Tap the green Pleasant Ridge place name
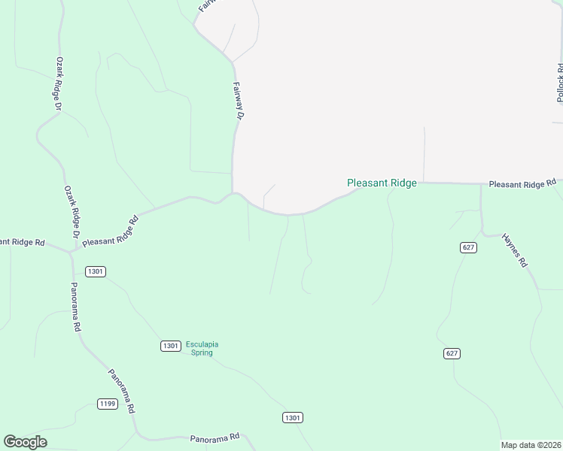381,183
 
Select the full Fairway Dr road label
239,101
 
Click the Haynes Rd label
516,250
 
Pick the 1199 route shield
108,404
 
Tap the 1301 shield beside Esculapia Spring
170,346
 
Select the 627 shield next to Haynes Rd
469,247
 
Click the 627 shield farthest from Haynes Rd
452,353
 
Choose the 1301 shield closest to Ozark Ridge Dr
96,271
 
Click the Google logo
25,442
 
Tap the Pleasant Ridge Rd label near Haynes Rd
522,183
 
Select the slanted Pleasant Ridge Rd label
111,232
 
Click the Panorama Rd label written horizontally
214,437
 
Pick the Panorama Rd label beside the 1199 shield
120,391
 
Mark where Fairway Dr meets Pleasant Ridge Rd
233,193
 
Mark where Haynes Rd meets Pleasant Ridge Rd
481,183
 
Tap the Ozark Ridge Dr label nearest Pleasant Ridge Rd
72,213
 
